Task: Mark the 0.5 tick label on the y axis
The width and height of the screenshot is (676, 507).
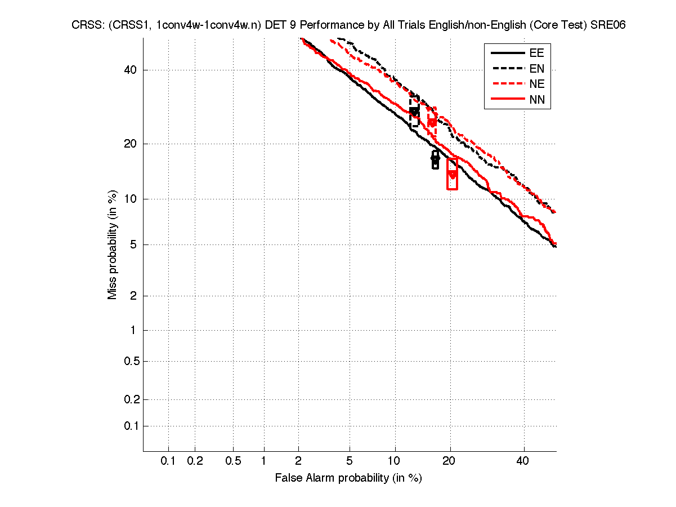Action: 131,361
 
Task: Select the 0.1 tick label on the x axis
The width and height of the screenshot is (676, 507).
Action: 168,461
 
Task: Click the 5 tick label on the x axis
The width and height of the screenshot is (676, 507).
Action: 350,461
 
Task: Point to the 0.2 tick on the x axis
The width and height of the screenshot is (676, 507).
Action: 195,461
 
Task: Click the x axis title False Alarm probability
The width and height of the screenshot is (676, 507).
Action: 348,478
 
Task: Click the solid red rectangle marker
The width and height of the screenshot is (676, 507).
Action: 452,174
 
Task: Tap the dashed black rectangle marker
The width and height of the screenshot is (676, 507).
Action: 414,113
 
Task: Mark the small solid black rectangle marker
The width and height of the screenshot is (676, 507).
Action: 435,159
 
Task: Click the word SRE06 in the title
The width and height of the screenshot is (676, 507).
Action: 610,25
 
